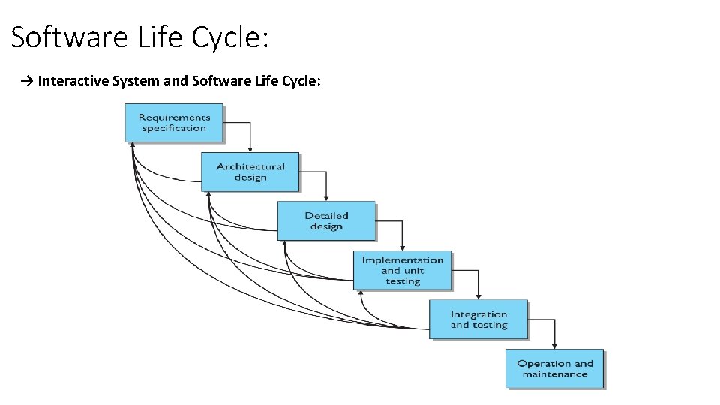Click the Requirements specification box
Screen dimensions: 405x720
pos(174,122)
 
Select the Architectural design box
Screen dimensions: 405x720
pos(250,172)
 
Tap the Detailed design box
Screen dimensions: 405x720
pos(326,220)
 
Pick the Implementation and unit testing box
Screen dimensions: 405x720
pos(403,270)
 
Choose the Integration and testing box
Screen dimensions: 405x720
pos(478,319)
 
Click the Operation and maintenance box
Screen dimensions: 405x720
pos(554,368)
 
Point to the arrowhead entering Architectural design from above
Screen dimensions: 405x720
pos(250,150)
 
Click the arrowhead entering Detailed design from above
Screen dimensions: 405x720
pos(325,199)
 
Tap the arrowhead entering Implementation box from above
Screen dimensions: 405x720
pos(402,248)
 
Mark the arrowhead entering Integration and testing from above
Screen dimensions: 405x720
pos(478,297)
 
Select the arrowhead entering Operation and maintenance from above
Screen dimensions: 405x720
pos(554,346)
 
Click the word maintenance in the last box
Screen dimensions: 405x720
pos(555,373)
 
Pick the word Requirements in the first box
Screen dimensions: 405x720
pos(174,117)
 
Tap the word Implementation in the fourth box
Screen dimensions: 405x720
pos(403,259)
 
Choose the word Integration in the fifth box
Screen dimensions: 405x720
pos(478,314)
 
